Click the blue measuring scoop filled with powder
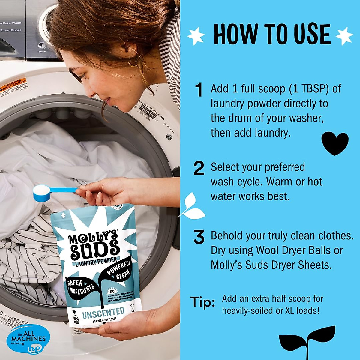click(45, 192)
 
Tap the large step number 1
click(199, 90)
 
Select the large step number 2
click(199, 168)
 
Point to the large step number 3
click(199, 237)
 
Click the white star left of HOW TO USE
click(196, 36)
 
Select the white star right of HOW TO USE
click(344, 36)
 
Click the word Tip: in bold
click(203, 302)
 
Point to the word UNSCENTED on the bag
click(103, 313)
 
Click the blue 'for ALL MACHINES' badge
click(28, 339)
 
